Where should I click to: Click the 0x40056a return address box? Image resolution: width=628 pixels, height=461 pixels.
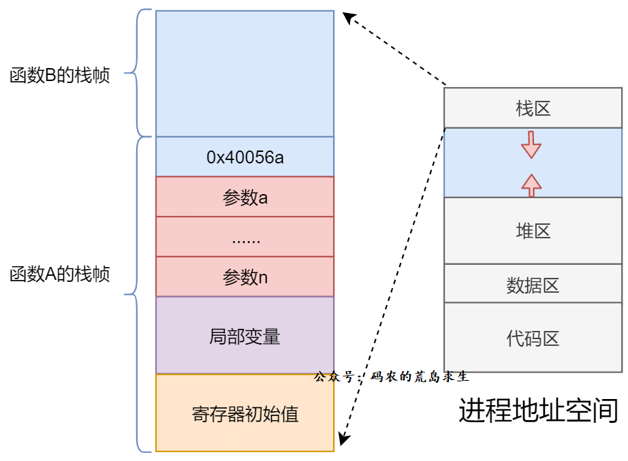point(245,157)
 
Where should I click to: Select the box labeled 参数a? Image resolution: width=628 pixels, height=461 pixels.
point(245,197)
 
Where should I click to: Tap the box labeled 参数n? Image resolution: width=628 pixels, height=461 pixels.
point(245,277)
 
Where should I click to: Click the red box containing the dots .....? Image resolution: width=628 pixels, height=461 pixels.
point(245,237)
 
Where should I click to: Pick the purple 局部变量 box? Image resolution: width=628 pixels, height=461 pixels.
point(245,335)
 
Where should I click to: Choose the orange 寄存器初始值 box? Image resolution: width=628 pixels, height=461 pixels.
point(245,413)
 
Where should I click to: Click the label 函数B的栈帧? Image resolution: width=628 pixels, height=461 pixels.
point(60,74)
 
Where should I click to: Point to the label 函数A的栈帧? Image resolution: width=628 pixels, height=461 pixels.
point(60,274)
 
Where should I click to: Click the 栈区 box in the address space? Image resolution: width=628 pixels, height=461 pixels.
point(533,108)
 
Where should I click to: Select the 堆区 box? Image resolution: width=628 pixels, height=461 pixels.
point(533,230)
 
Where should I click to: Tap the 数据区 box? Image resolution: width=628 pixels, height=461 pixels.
point(533,284)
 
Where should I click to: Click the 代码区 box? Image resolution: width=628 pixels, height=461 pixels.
point(533,337)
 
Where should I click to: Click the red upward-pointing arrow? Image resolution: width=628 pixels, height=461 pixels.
point(531,184)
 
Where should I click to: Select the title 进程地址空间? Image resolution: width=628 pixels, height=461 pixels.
point(538,411)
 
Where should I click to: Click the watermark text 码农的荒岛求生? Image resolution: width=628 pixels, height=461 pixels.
point(420,376)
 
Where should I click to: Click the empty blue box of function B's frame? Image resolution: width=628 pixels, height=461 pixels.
point(245,74)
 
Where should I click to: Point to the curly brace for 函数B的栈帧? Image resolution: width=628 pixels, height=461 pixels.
point(141,74)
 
